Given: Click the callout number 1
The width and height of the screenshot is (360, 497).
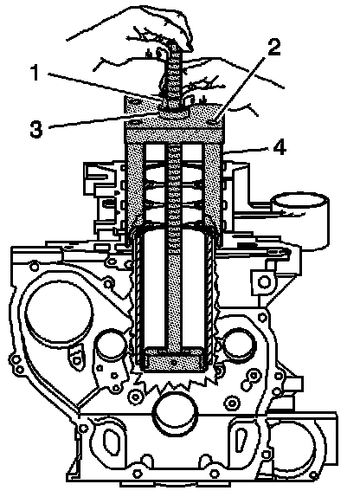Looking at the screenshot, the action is [x=35, y=73].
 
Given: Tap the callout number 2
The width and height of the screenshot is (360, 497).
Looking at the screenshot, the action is [x=273, y=48].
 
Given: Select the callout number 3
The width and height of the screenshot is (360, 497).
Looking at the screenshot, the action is [x=36, y=129].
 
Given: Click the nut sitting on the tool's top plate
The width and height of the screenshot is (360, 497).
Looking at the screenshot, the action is [x=174, y=112].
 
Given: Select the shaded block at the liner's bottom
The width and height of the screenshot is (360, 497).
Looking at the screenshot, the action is [x=173, y=360].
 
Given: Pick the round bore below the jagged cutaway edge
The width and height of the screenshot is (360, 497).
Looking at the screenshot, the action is [x=176, y=412].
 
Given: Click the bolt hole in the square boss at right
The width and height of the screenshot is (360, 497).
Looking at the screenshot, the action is [x=263, y=281].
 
